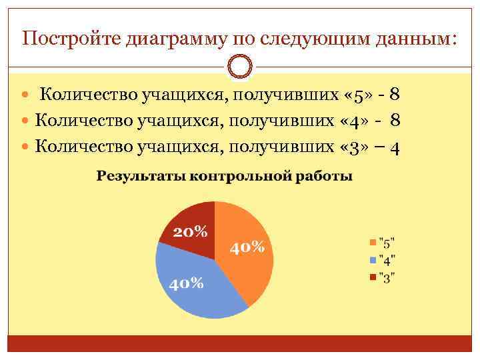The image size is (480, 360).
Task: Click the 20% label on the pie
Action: click(x=191, y=232)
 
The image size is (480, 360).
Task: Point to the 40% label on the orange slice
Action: click(x=248, y=247)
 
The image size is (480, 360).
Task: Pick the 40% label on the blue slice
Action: click(x=186, y=283)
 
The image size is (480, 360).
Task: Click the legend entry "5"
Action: click(x=382, y=241)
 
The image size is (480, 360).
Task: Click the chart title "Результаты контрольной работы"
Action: click(x=225, y=177)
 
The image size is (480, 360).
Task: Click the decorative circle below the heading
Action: click(x=239, y=67)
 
